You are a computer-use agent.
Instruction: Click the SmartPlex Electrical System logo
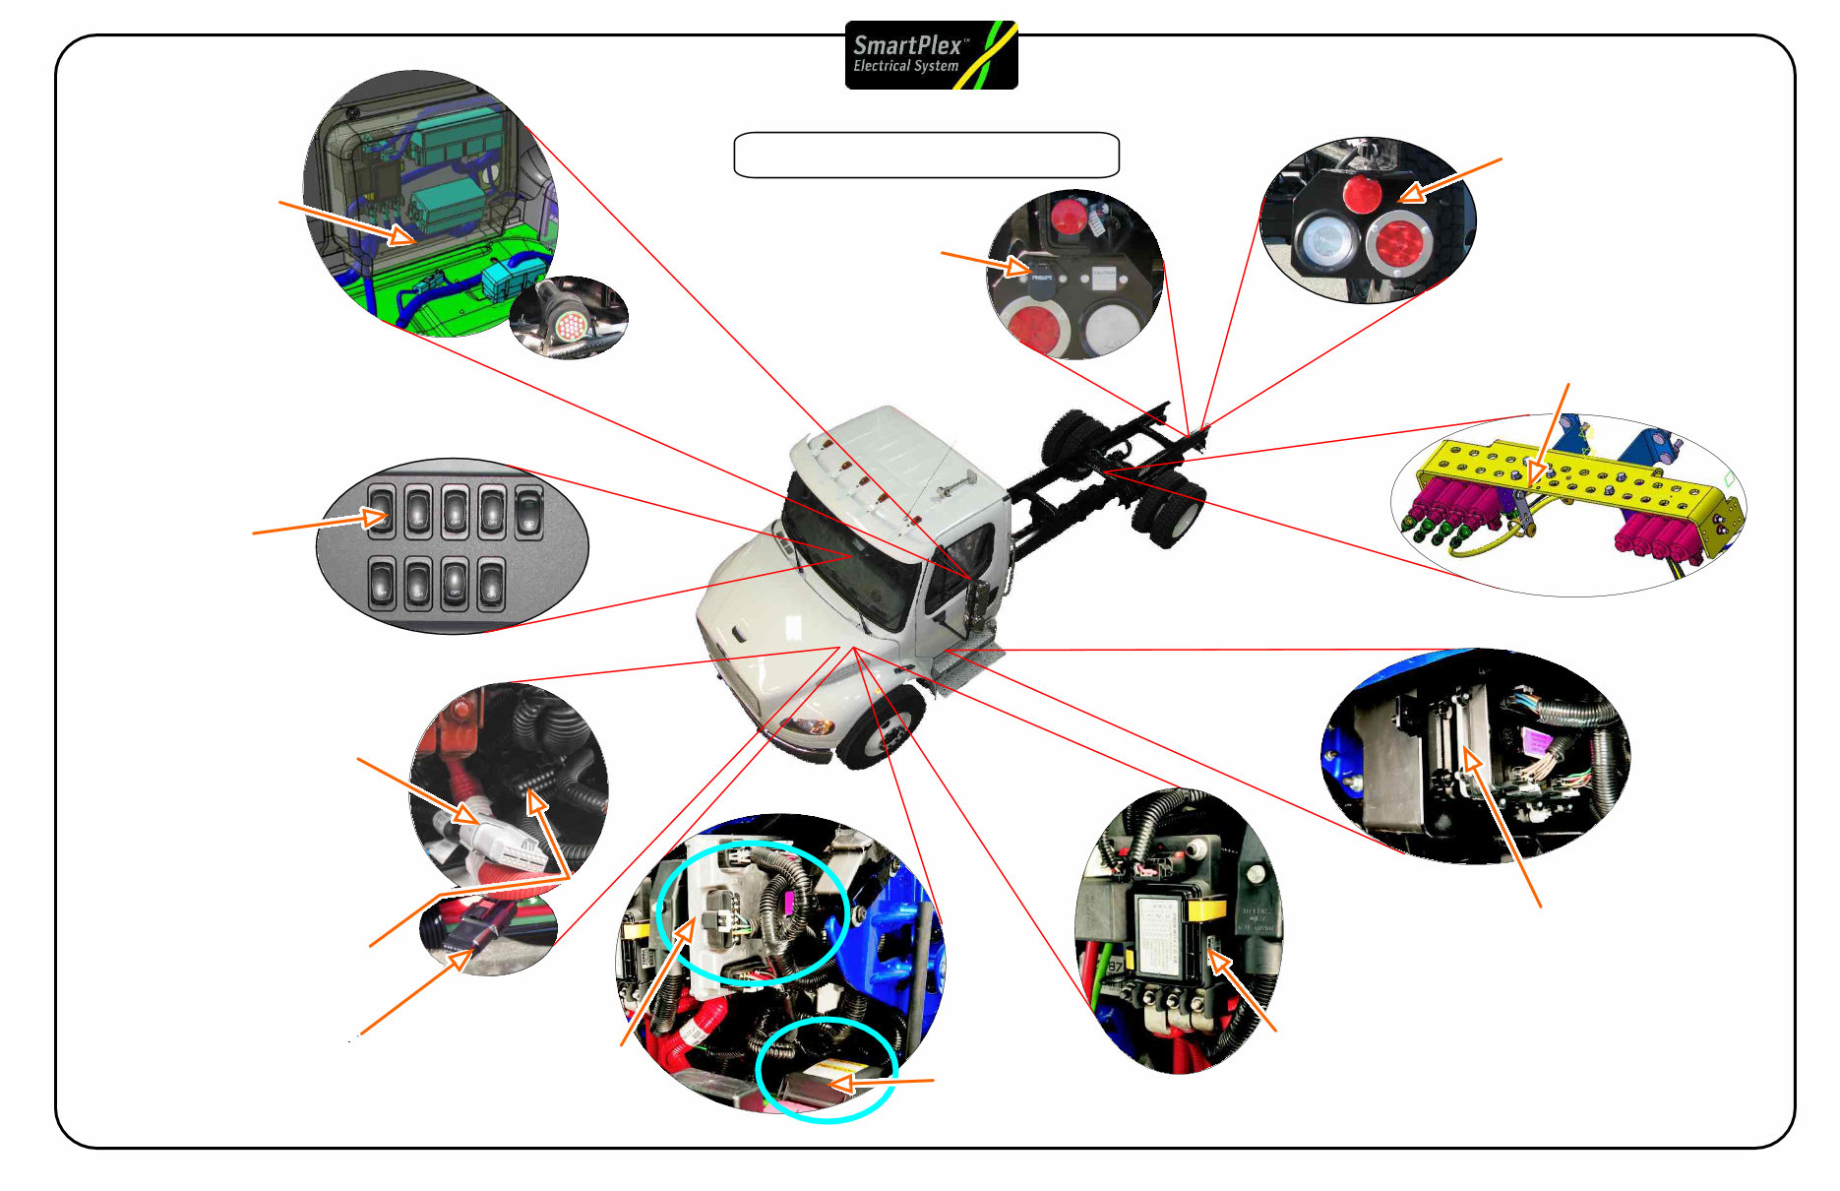coord(931,55)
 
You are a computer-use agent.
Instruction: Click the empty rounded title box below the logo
coord(926,155)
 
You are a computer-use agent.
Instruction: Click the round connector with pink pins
coord(570,325)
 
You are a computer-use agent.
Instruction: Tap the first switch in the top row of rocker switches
coord(381,513)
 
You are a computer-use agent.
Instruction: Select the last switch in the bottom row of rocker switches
coord(490,584)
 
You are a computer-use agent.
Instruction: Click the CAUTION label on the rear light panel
coord(1103,277)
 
